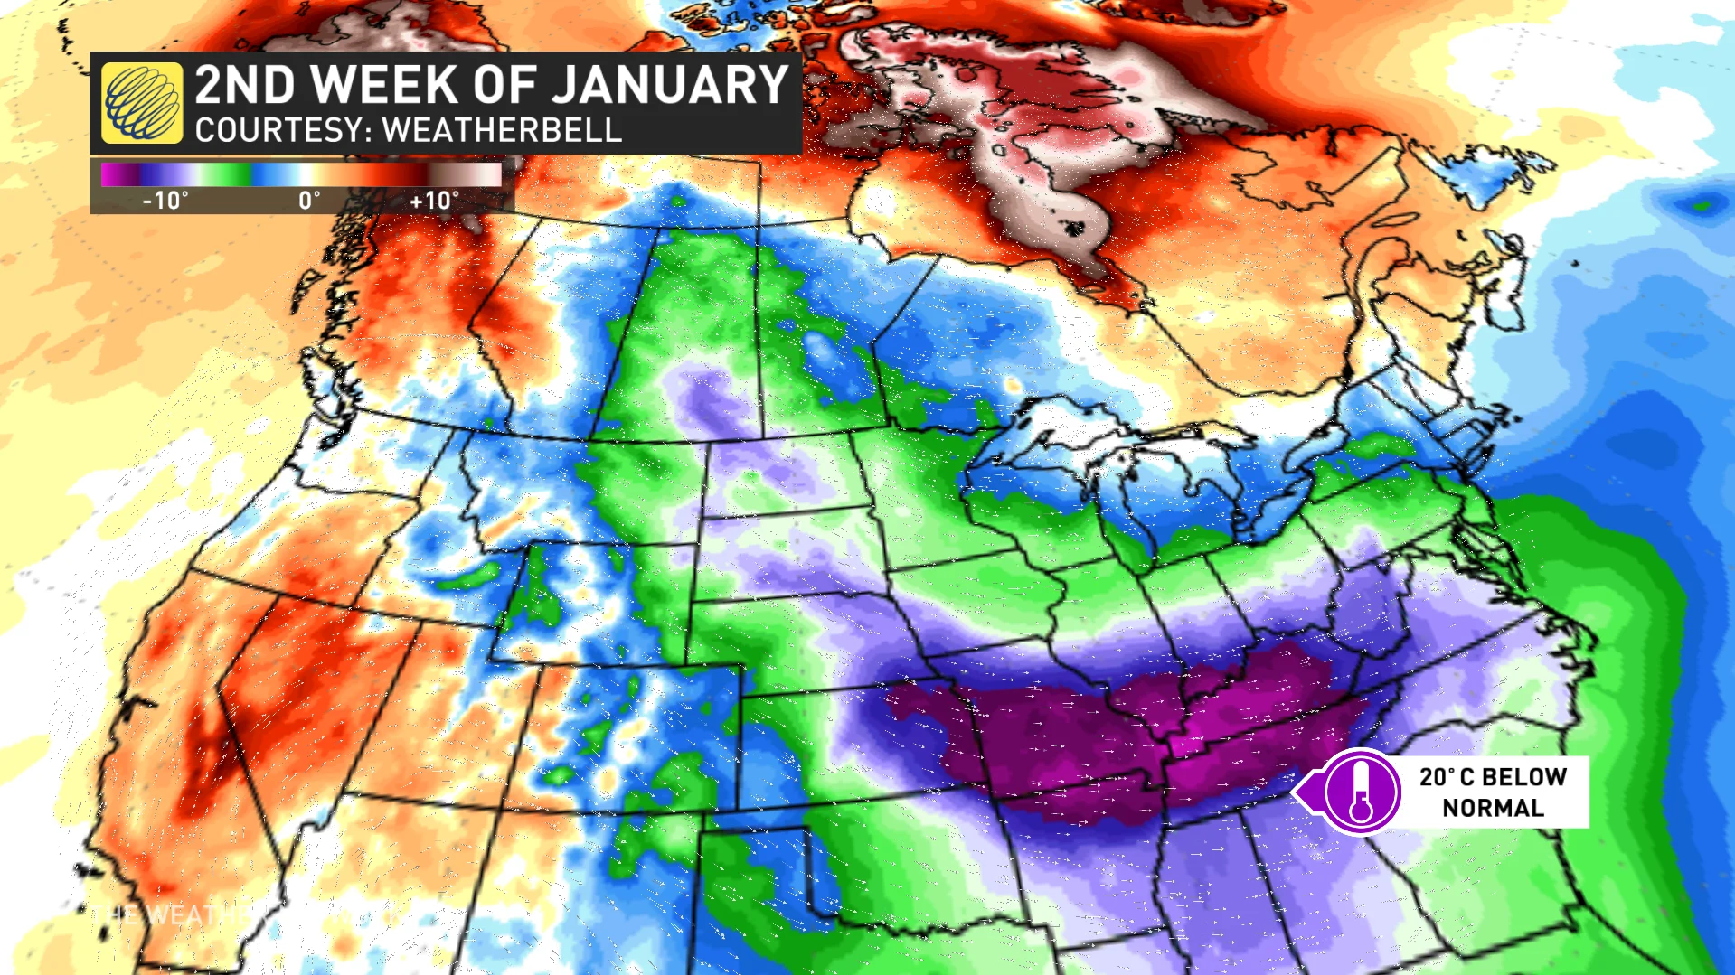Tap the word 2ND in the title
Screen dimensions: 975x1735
tap(245, 85)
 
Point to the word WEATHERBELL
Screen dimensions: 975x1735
tap(502, 131)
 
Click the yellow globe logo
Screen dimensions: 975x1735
tap(142, 102)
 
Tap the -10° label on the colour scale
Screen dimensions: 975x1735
tap(165, 201)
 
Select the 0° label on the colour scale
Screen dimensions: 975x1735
tap(309, 201)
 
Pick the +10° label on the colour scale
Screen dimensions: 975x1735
tap(434, 201)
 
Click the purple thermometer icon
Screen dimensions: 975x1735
tap(1362, 792)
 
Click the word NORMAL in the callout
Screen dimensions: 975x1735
tap(1493, 808)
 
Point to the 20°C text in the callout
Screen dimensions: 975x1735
tap(1446, 777)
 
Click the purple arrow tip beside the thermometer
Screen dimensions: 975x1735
tap(1299, 792)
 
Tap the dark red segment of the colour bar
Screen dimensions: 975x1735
tap(411, 173)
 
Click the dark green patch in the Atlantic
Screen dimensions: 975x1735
tap(1702, 205)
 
